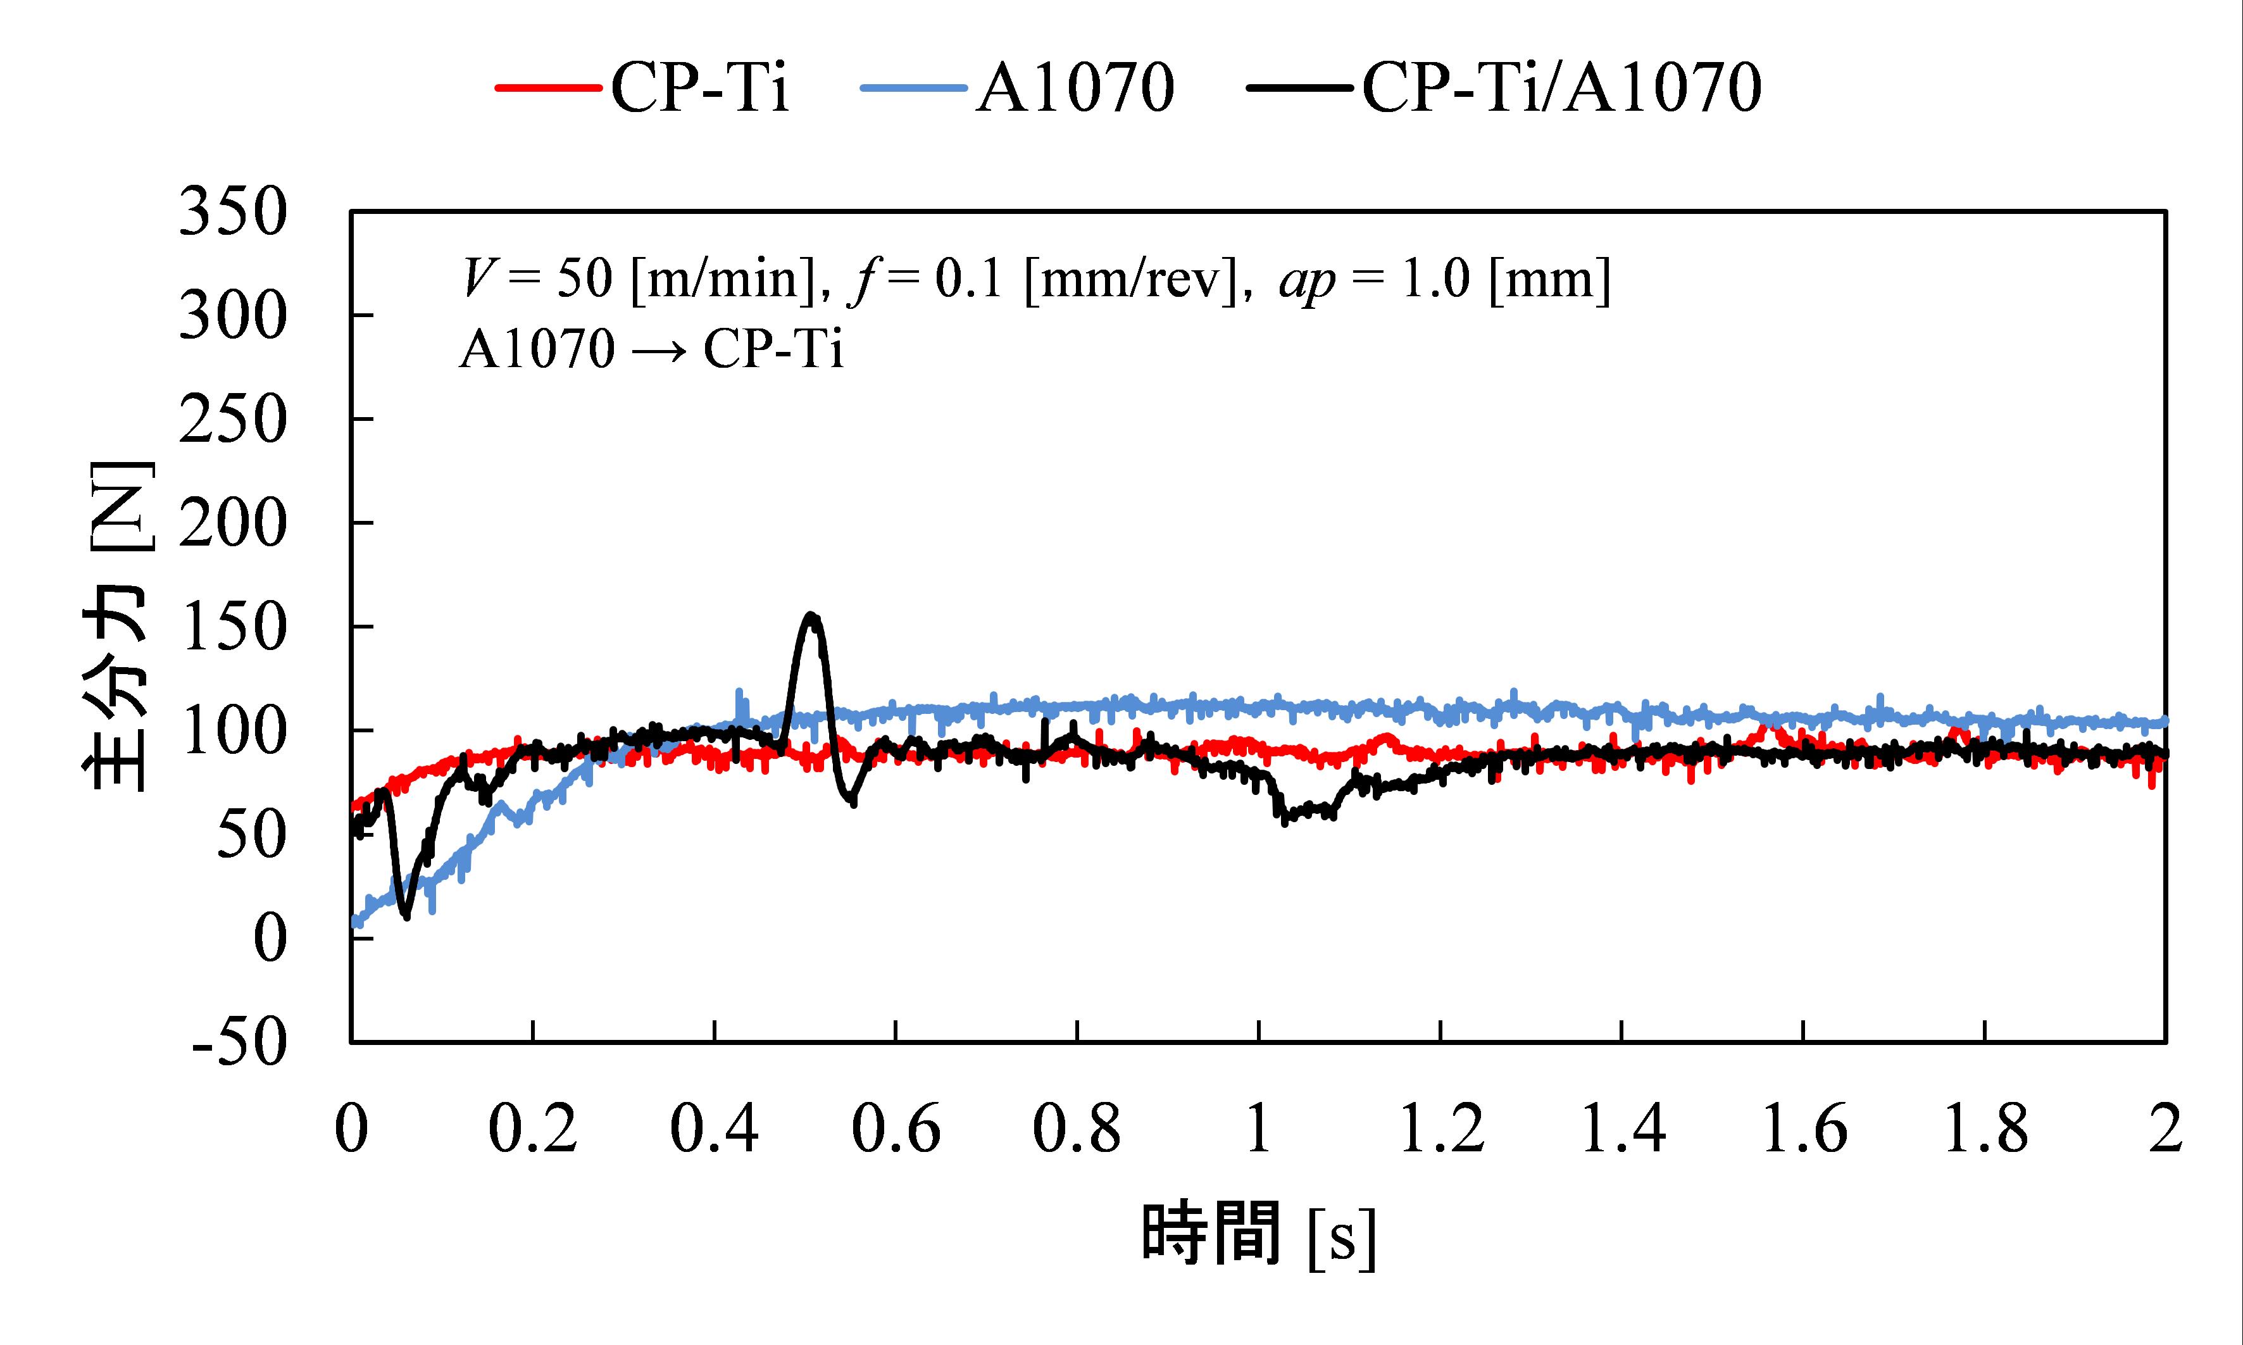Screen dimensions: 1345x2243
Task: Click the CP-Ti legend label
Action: coord(699,88)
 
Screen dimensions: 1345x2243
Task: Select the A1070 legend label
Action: coord(1075,88)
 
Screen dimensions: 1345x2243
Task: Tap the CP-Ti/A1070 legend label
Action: coord(1561,88)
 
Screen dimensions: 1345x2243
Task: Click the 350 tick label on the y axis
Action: coord(233,213)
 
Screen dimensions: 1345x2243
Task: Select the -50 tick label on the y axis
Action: coord(240,1042)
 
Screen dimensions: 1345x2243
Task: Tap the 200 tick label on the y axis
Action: coord(233,524)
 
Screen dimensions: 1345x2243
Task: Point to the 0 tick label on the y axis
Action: coord(269,939)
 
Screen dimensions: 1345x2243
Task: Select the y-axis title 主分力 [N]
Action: coord(118,627)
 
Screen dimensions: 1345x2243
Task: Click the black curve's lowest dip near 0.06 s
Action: coord(406,916)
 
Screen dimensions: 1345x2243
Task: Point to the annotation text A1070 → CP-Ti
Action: coord(651,348)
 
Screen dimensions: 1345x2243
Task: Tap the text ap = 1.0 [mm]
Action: coord(1444,279)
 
